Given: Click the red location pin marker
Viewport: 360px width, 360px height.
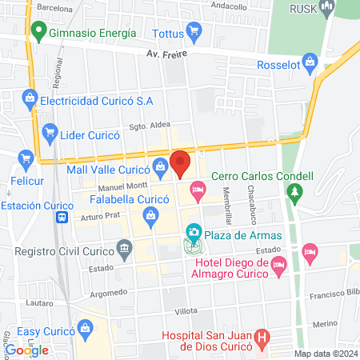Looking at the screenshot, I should point(182,162).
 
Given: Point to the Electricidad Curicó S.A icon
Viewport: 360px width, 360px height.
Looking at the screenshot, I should point(29,100).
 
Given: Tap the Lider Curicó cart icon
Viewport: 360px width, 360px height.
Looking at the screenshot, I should point(50,133).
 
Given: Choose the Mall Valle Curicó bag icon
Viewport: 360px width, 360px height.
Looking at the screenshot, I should point(162,168).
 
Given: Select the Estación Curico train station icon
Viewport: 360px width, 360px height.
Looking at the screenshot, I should point(61,217).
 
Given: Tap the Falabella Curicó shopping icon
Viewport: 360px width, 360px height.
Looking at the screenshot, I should point(150,214).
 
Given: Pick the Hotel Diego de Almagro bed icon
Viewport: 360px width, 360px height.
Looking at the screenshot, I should point(278,263).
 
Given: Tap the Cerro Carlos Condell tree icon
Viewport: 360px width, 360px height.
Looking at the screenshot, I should point(297,192).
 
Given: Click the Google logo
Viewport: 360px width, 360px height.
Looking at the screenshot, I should point(26,350).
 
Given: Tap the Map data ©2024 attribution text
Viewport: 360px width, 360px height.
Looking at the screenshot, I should point(326,353).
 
